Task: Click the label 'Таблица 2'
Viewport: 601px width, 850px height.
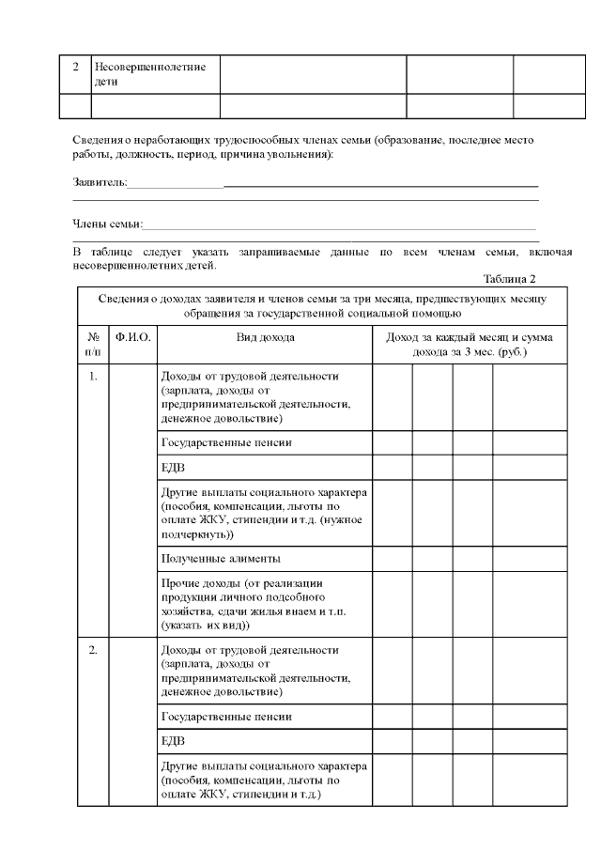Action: click(509, 279)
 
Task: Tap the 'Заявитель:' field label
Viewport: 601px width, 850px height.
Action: click(100, 181)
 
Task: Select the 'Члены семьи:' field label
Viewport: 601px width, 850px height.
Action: click(108, 224)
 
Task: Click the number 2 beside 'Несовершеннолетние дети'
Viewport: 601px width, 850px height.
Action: click(76, 68)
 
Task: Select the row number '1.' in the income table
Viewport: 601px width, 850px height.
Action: click(93, 377)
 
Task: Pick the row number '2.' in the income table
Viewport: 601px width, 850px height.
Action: click(93, 650)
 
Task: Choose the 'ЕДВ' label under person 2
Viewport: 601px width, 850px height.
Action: click(172, 740)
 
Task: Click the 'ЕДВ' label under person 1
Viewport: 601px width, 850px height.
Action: click(172, 467)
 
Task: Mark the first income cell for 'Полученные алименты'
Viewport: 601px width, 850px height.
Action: click(392, 559)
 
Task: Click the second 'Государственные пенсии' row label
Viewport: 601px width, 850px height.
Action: click(226, 717)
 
